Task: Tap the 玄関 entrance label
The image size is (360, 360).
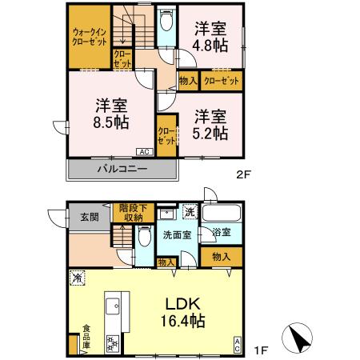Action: click(x=88, y=215)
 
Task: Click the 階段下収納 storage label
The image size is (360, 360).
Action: click(x=130, y=212)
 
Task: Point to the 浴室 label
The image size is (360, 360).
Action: click(x=222, y=232)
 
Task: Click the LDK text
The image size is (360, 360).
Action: click(x=185, y=305)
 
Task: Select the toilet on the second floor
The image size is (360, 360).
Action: click(x=165, y=22)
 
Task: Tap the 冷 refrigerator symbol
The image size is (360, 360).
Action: click(x=78, y=278)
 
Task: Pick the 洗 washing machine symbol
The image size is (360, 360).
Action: click(x=190, y=212)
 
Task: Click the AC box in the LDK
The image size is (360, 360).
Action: click(x=238, y=344)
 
